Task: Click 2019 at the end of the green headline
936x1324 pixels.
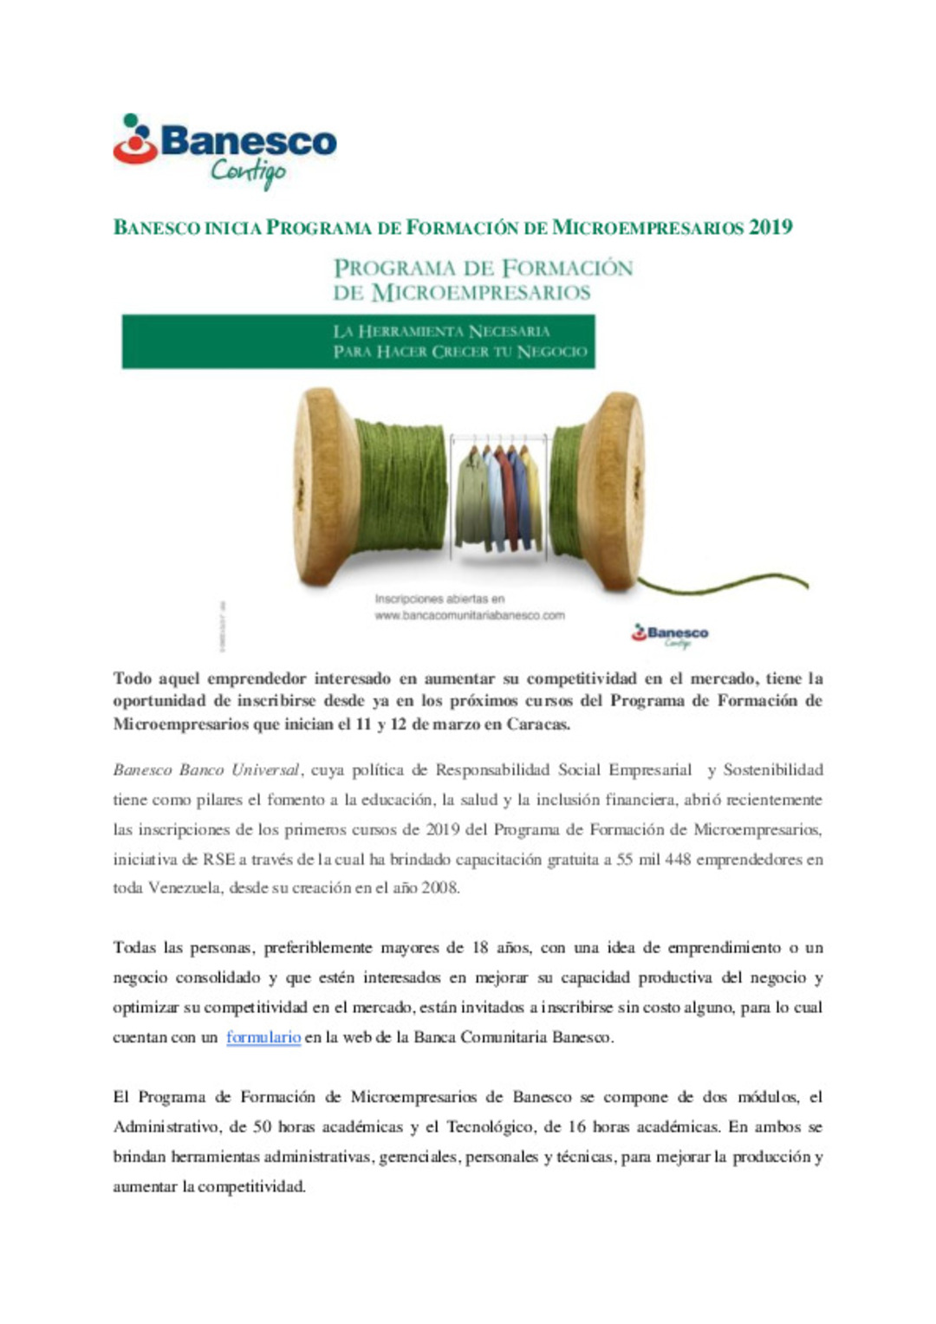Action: coord(770,228)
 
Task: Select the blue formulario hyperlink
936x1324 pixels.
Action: coord(263,1037)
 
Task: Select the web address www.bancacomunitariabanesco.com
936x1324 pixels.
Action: coord(470,616)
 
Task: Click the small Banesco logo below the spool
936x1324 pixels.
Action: coord(670,634)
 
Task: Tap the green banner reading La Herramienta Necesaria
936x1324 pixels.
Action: coord(358,341)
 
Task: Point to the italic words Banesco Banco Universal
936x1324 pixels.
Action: coord(206,769)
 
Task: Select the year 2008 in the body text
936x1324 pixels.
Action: coord(439,888)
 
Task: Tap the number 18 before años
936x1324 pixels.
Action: coord(480,948)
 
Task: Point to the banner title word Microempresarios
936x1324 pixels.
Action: coord(481,293)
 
